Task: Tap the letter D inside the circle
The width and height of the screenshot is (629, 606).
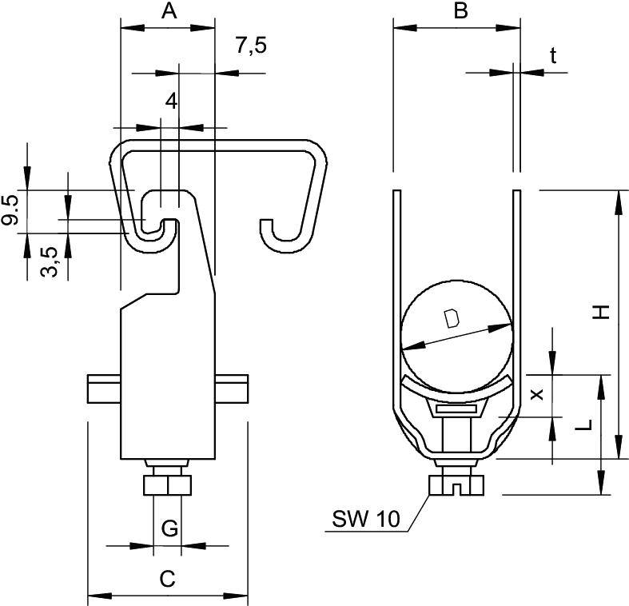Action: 452,320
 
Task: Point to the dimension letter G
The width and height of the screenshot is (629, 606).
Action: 169,528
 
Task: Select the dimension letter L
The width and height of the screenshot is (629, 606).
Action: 586,425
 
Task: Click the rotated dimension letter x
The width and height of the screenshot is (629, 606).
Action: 536,393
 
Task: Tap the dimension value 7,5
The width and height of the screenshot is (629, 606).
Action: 250,46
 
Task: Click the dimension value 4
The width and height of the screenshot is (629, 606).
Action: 169,101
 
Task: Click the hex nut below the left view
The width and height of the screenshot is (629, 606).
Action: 168,486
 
